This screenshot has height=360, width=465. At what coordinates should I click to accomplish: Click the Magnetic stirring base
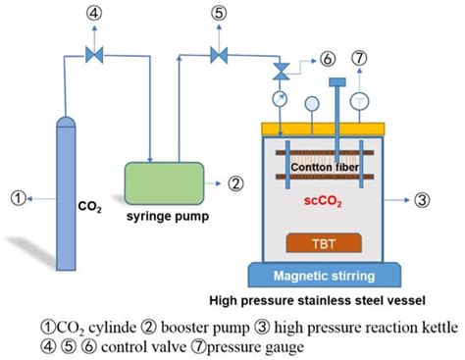(334, 277)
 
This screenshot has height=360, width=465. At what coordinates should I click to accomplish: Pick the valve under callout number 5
(218, 52)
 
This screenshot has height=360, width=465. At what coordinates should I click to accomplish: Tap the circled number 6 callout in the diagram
(327, 59)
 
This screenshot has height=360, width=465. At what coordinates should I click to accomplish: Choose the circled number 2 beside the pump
(235, 182)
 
